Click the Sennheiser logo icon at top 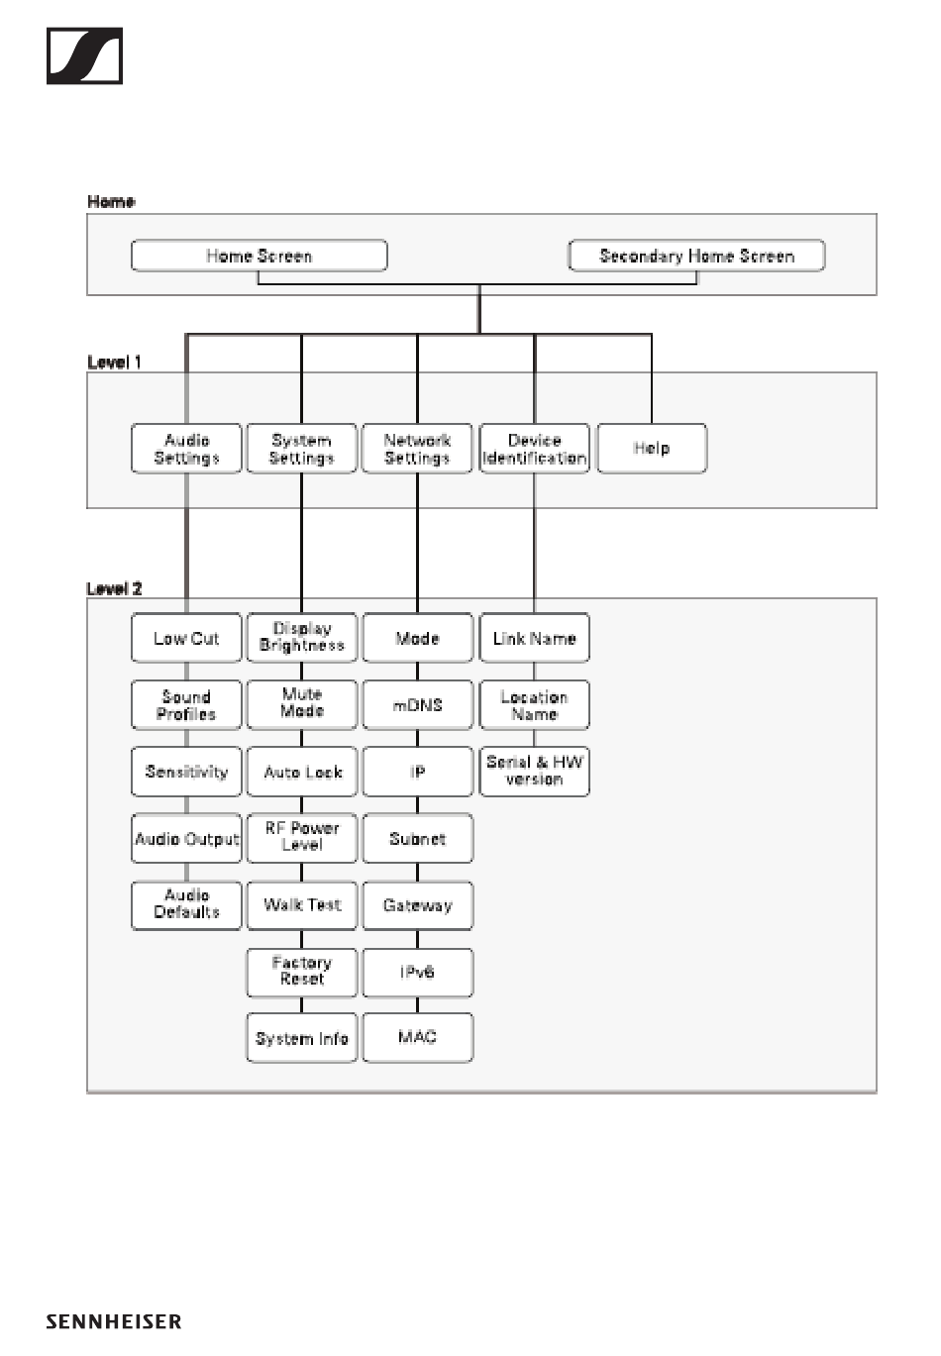tap(84, 55)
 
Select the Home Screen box tap(260, 256)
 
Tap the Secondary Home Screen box tap(696, 256)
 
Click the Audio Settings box tap(186, 448)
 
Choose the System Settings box tap(301, 448)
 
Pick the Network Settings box tap(417, 448)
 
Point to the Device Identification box tap(534, 448)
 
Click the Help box tap(652, 448)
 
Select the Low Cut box tap(186, 638)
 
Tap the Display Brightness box tap(301, 638)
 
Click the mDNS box tap(417, 704)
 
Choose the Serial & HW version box tap(534, 772)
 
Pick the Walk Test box tap(301, 905)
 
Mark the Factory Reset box tap(301, 973)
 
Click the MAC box tap(417, 1038)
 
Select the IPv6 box tap(417, 973)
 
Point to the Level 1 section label tap(114, 362)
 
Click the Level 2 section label tap(114, 588)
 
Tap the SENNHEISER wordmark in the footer tap(114, 1321)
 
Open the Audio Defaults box tap(186, 905)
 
